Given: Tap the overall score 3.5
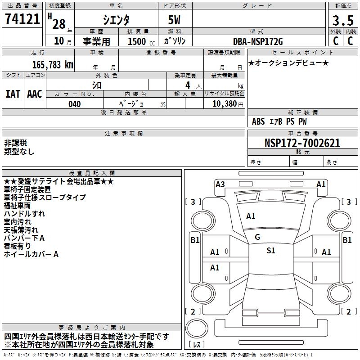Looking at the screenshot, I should coord(342,21).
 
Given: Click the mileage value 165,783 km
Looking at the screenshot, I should coord(53,64).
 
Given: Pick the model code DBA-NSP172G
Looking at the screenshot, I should coord(258,41).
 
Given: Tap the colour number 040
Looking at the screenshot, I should coord(75,104).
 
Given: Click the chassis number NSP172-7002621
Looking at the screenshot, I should coord(302,143).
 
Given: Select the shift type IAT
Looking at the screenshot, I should coord(13,94).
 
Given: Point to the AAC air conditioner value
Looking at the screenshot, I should coord(35,94).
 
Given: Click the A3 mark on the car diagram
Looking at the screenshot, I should coord(220,184).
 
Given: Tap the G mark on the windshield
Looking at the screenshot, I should coord(257,237).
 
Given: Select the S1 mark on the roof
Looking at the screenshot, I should coord(270,251).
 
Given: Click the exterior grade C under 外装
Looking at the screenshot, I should coord(336,41).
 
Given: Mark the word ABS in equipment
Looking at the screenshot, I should coord(258,121).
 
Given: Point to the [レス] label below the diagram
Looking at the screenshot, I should coord(197,345).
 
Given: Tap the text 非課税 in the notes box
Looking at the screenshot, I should coord(16,143).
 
